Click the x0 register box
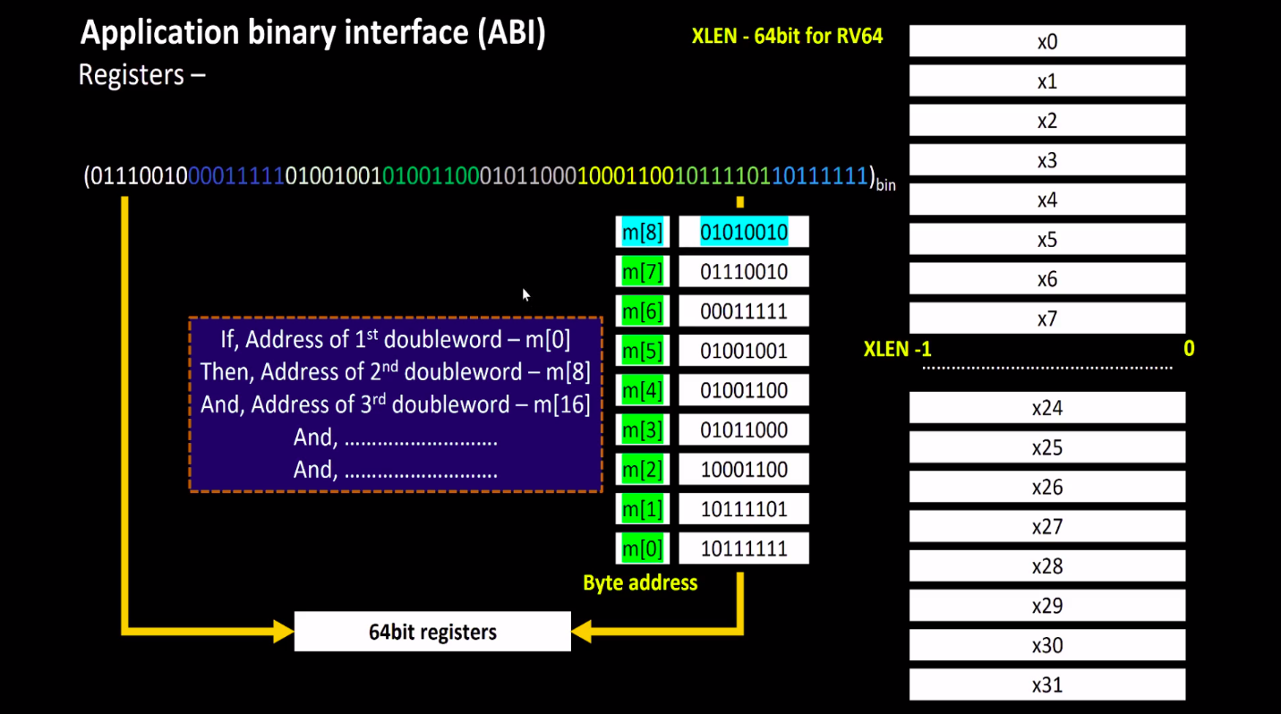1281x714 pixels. pos(1046,41)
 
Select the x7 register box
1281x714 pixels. pos(1046,319)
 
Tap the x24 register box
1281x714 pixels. pos(1046,408)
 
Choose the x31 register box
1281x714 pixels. pos(1046,685)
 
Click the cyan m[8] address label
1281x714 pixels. pos(642,233)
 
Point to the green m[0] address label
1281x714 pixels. pos(642,548)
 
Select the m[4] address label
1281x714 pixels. pos(642,391)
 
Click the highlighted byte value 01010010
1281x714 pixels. pos(743,233)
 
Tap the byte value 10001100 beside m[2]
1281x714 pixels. pos(743,470)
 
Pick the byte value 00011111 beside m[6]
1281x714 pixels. pos(743,311)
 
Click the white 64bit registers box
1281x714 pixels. pos(432,632)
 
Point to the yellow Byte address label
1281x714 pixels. pos(640,583)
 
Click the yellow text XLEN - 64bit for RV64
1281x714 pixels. pos(787,38)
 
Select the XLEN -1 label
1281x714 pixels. pos(897,349)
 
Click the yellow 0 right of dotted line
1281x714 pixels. pos(1189,349)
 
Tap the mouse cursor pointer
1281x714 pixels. pos(525,293)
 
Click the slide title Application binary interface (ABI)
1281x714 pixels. pos(313,33)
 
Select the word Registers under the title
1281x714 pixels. pos(132,74)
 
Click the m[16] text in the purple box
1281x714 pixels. pos(562,404)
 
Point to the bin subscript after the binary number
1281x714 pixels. pos(885,185)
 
